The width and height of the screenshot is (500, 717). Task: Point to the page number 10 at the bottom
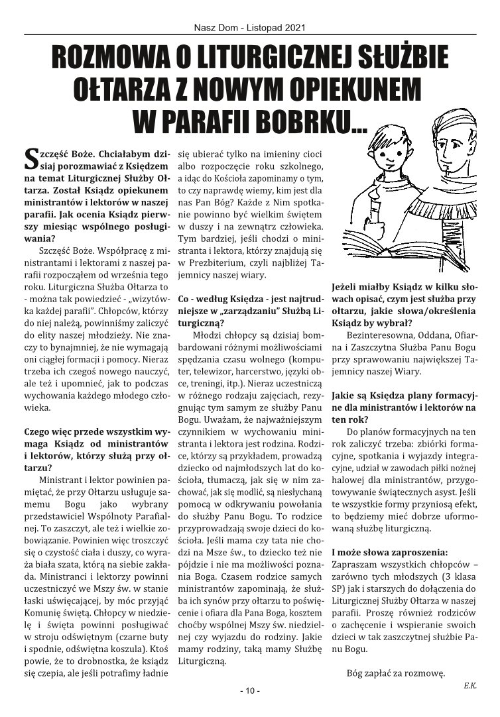[x=250, y=691]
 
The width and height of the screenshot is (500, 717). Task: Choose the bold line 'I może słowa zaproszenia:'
[x=389, y=551]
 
